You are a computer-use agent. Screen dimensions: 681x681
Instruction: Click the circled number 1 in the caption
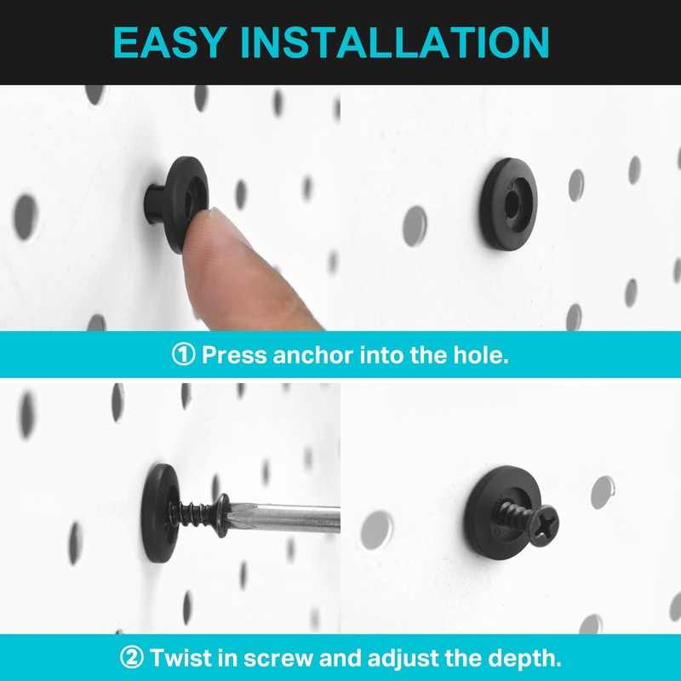point(183,355)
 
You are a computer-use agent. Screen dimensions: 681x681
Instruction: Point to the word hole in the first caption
point(481,355)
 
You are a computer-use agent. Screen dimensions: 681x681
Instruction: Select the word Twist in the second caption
point(181,657)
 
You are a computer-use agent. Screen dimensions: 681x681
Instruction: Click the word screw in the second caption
point(267,657)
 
